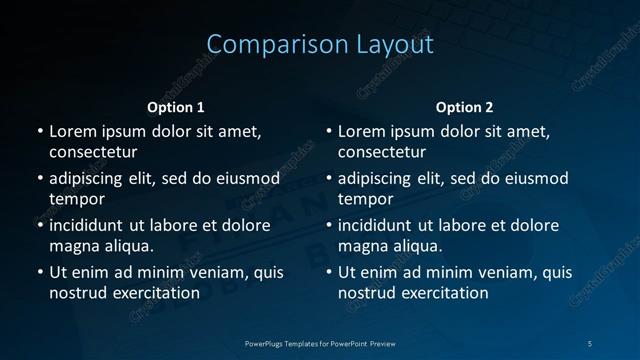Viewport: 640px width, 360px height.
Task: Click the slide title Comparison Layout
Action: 320,45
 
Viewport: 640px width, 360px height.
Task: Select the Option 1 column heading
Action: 176,107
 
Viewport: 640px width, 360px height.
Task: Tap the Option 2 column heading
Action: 464,107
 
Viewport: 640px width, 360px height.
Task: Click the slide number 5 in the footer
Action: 590,343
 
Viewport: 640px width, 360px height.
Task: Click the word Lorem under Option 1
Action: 73,131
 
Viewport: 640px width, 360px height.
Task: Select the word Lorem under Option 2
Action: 362,131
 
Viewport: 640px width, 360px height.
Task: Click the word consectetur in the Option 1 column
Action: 92,152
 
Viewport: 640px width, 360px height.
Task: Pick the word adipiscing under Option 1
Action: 91,179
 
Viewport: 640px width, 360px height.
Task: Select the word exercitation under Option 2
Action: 443,293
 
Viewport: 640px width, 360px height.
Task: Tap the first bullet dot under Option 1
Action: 39,131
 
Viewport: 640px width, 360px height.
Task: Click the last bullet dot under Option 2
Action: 328,272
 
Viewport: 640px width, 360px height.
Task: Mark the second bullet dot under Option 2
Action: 328,179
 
